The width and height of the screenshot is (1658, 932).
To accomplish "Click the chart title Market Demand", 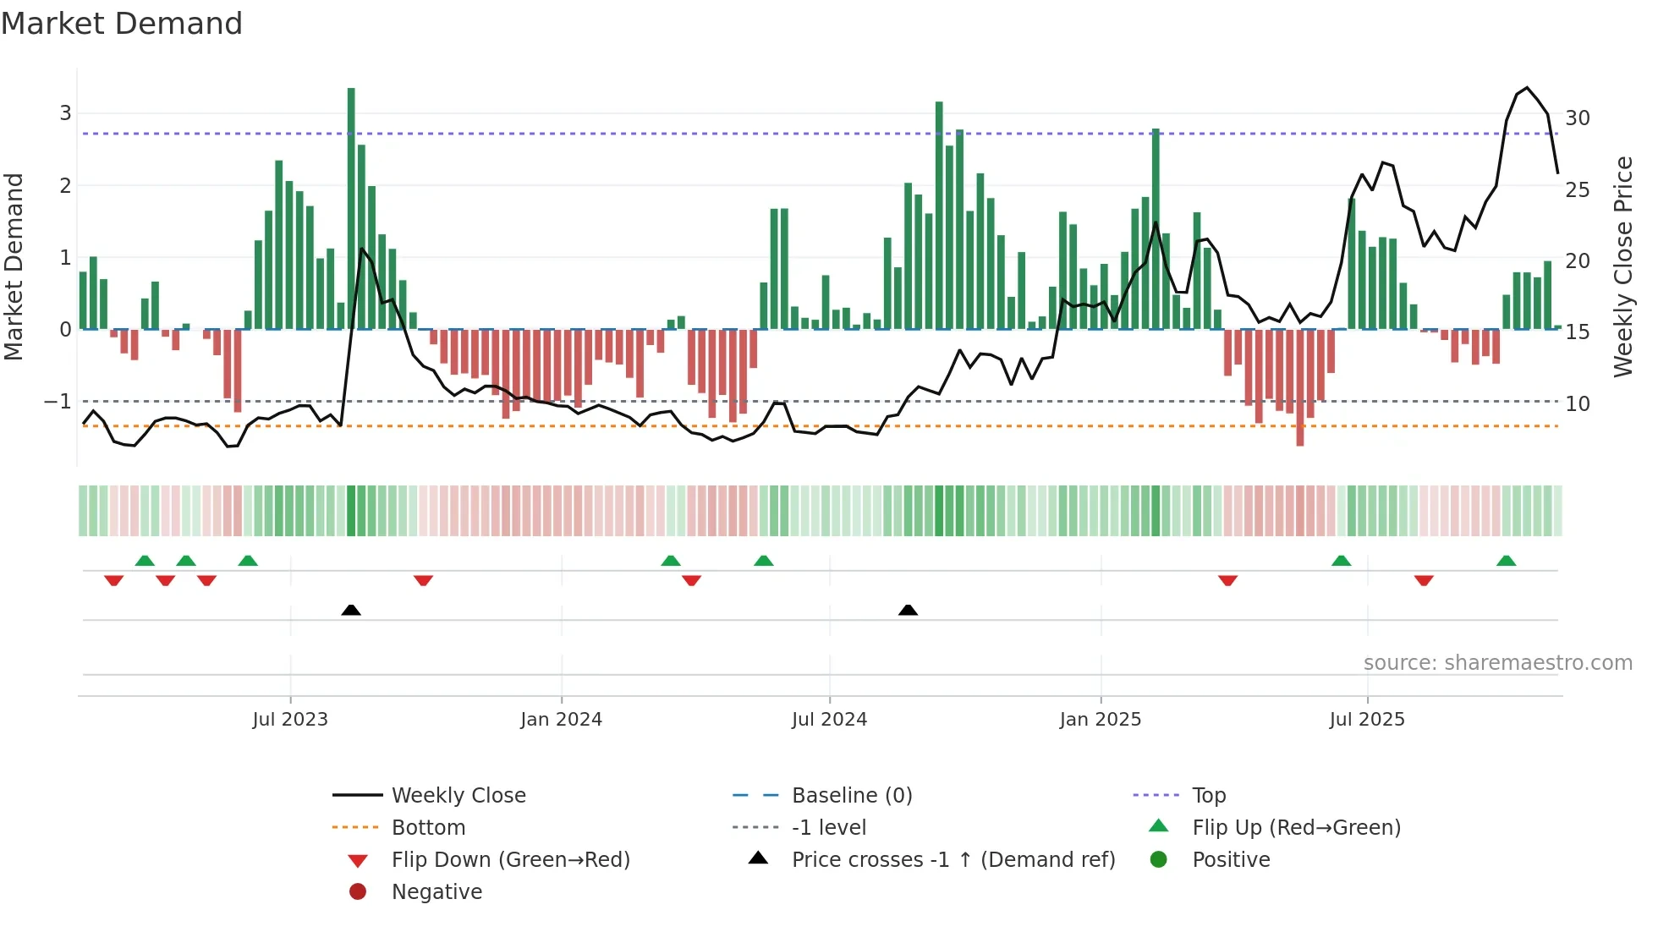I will (x=122, y=24).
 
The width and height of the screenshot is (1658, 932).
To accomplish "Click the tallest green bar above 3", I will (x=351, y=207).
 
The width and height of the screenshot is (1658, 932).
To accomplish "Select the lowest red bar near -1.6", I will (x=1300, y=387).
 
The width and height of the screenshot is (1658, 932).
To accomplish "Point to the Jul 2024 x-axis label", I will (x=829, y=720).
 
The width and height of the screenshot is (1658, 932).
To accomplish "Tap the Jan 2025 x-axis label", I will (x=1100, y=720).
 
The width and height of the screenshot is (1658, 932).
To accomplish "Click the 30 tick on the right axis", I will (x=1577, y=118).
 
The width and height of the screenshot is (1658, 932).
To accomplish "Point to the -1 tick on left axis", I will (x=58, y=402).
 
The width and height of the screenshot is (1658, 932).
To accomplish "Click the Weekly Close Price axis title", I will (x=1622, y=266).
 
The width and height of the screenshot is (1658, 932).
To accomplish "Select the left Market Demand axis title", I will (x=14, y=266).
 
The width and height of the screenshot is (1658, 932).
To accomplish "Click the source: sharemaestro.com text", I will (x=1497, y=663).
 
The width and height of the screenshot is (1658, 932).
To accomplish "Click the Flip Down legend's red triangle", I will (x=358, y=861).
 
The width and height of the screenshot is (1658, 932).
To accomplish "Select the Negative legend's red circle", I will (x=358, y=892).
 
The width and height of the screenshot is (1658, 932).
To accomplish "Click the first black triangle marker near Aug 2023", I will (x=351, y=610).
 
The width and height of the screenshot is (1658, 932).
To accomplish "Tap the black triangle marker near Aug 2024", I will (x=908, y=610).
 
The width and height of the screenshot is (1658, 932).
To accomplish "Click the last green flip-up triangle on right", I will (x=1506, y=561).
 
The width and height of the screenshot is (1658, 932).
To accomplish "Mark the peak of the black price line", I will (x=1527, y=88).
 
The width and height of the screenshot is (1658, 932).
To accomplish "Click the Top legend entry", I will (x=1209, y=796).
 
